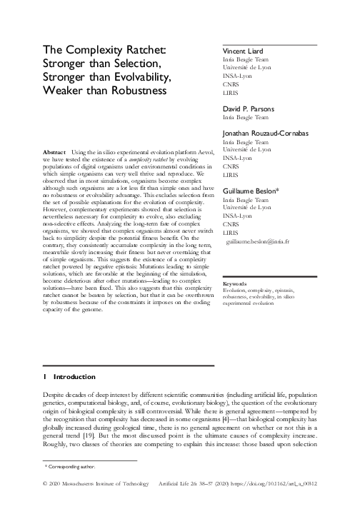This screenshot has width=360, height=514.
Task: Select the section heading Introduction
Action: point(70,376)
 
